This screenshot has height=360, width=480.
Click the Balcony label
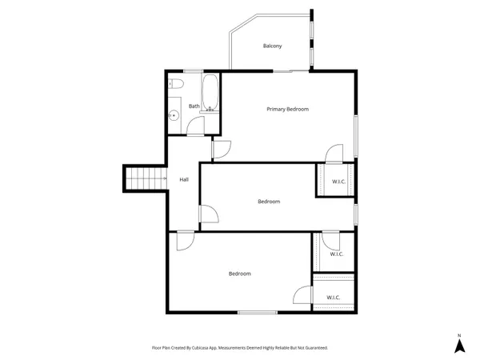273,46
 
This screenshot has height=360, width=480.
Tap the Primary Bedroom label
287,109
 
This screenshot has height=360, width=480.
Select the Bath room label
194,106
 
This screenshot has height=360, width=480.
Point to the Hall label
184,179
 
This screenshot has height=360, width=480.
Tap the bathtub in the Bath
210,94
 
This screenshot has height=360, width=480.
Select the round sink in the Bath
174,114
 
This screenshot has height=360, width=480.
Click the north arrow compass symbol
459,345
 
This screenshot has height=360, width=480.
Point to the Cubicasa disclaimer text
240,348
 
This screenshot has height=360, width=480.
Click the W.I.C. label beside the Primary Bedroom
338,182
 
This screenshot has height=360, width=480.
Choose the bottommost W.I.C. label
334,298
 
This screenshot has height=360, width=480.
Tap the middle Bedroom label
269,202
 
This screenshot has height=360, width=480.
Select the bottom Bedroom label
240,274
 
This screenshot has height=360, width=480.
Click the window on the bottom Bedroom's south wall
257,311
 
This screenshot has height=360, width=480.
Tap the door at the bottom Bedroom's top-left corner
185,241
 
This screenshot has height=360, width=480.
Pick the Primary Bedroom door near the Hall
222,150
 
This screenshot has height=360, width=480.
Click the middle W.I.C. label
337,254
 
